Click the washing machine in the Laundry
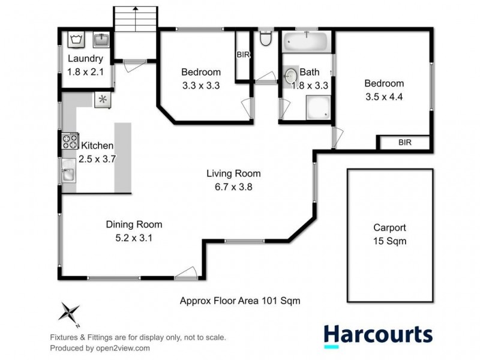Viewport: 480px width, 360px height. tap(76, 40)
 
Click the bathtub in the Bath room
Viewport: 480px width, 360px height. tap(305, 42)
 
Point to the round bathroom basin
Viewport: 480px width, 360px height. tap(291, 76)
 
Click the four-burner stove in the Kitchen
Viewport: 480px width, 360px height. tap(69, 142)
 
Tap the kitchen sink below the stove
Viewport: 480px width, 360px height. tap(68, 173)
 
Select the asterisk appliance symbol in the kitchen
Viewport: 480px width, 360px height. tap(102, 100)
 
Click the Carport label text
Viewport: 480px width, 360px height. tap(389, 228)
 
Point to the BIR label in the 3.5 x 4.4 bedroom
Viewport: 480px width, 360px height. tap(404, 143)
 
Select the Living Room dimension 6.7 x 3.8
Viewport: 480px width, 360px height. tap(233, 187)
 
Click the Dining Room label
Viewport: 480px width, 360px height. tap(134, 225)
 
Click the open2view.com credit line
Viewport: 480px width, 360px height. tap(100, 348)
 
